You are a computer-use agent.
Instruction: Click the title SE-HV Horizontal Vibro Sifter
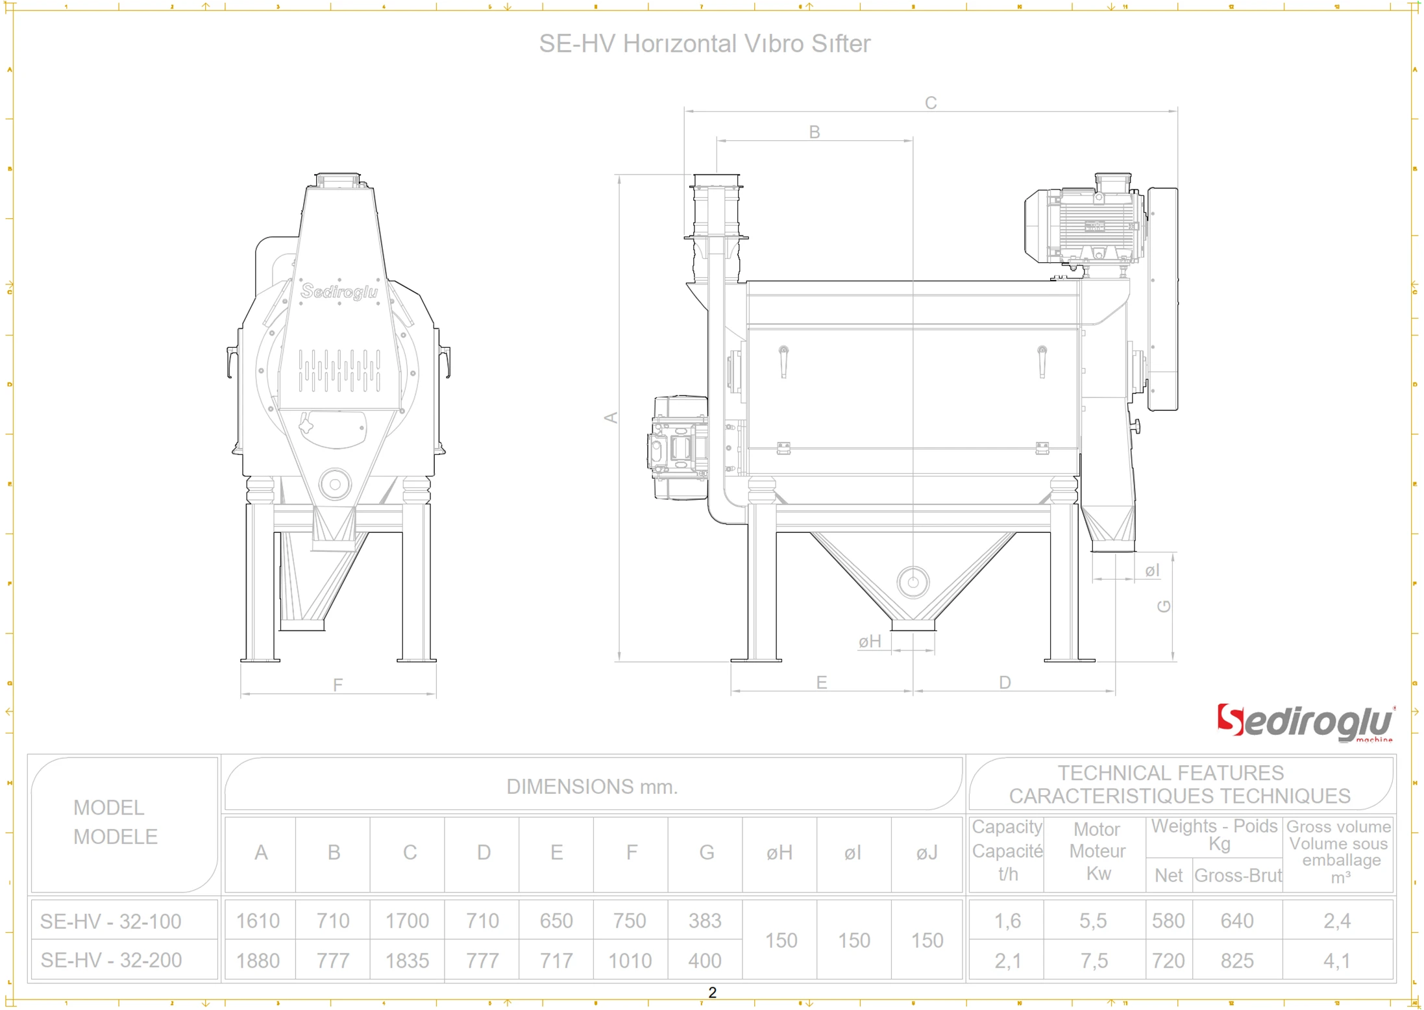(704, 44)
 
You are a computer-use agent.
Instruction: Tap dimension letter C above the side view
(930, 103)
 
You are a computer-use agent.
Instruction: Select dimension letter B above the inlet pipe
(814, 132)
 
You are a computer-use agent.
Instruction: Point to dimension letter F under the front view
(338, 685)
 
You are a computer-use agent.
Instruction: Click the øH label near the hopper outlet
(870, 642)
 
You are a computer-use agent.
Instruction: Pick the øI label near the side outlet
(1152, 571)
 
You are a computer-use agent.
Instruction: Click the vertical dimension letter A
(611, 417)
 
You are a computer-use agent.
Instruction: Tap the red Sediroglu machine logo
(1305, 722)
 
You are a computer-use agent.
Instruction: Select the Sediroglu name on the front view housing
(339, 291)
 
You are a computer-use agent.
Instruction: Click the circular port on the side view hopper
(913, 582)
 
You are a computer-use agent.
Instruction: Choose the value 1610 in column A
(258, 920)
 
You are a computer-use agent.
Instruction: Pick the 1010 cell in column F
(630, 961)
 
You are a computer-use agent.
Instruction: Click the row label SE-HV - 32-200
(111, 961)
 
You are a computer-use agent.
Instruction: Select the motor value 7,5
(1094, 961)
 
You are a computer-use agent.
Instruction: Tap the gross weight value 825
(1236, 961)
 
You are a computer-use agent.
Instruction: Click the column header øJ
(927, 853)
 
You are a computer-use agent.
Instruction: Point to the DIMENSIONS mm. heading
(592, 787)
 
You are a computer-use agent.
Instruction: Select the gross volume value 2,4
(1337, 920)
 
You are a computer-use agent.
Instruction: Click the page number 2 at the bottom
(712, 992)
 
